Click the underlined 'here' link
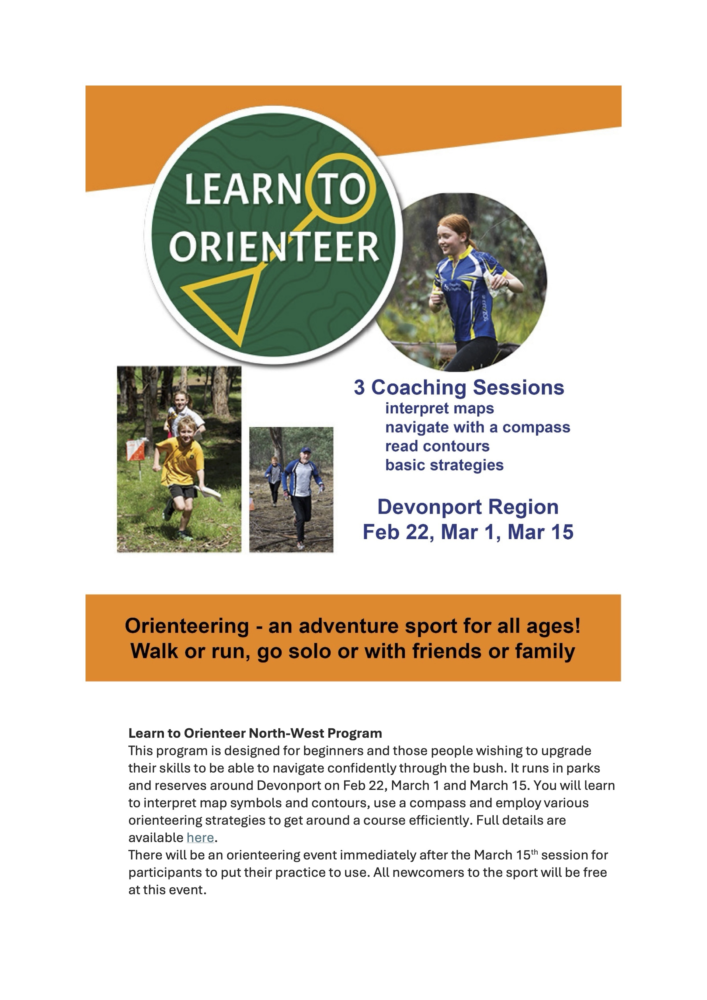click(x=200, y=838)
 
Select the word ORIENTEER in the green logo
click(x=274, y=247)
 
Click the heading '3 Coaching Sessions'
click(x=459, y=387)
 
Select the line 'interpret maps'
click(x=440, y=408)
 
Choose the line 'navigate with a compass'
click(x=478, y=427)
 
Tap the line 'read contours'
click(x=437, y=446)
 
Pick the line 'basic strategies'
click(x=444, y=465)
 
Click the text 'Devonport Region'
click(x=468, y=507)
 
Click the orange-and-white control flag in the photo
click(x=135, y=450)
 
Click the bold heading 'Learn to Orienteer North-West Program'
click(x=255, y=733)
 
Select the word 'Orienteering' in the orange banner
click(x=186, y=626)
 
